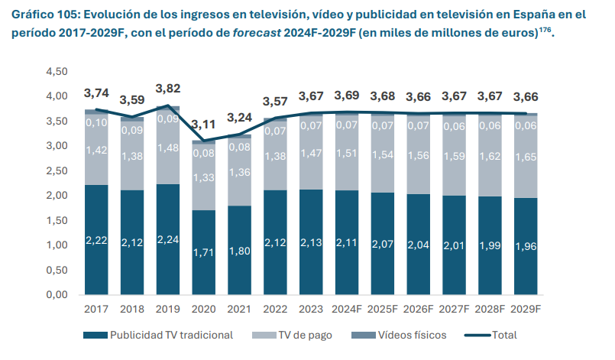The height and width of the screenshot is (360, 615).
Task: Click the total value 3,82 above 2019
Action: (x=167, y=89)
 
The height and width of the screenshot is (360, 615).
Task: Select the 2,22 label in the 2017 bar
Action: (x=95, y=240)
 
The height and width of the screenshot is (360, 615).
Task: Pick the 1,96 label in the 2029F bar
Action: (x=525, y=246)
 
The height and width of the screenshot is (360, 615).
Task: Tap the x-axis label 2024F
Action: (x=348, y=310)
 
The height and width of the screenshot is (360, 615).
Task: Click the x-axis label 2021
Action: (x=239, y=310)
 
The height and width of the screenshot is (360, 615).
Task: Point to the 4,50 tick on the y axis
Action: (x=57, y=71)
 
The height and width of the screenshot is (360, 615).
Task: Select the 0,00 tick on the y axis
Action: (x=57, y=295)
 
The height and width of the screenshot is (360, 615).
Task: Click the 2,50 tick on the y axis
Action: (x=57, y=170)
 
